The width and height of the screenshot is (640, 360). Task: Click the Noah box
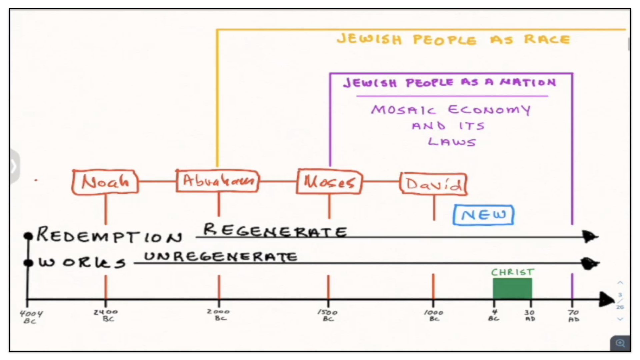point(105,182)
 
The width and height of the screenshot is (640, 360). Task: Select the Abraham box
point(218,181)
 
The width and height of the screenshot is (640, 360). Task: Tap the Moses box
point(329,182)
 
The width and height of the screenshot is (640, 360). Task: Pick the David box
point(433,183)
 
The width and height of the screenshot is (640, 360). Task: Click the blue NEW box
point(483,215)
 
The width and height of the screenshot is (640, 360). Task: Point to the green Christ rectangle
point(512,288)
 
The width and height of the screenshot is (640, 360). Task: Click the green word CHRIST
point(512,272)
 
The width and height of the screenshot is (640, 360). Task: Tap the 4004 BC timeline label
point(31,317)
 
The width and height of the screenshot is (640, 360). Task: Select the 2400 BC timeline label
point(106,315)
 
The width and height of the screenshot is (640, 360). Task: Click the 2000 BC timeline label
point(219,315)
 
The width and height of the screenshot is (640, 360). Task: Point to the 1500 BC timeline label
point(328,315)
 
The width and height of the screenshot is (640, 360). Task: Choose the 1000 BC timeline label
point(434,315)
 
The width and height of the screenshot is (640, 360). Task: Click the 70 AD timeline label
point(573,316)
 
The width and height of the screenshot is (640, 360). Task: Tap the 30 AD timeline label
point(530,315)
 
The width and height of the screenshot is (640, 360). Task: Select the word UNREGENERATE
point(220,257)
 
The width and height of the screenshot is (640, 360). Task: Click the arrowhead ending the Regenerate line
point(590,237)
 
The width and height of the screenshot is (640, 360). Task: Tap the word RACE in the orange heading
point(547,39)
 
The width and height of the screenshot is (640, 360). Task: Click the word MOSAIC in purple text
point(403,110)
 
